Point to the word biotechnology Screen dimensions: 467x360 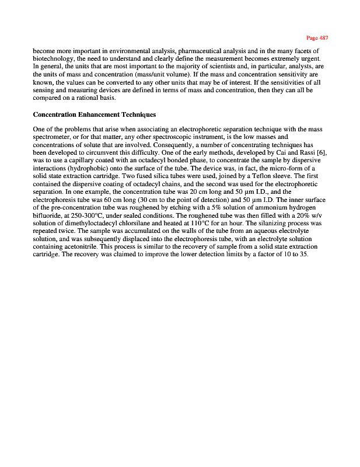click(x=57, y=60)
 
